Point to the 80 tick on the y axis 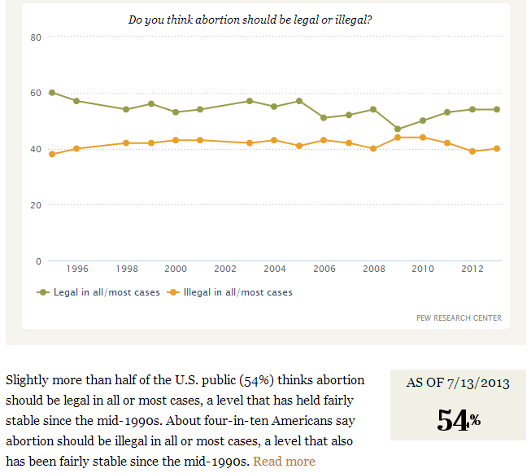(36, 37)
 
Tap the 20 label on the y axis (36, 205)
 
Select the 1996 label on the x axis (77, 269)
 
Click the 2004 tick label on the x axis (275, 269)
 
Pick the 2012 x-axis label (472, 269)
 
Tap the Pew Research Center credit (459, 318)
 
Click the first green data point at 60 (52, 93)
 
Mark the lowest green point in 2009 (398, 129)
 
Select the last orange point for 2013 (497, 148)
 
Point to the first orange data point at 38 (52, 154)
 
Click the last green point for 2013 (497, 109)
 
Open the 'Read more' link (284, 462)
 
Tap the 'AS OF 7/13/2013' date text (458, 383)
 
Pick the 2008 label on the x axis (373, 269)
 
